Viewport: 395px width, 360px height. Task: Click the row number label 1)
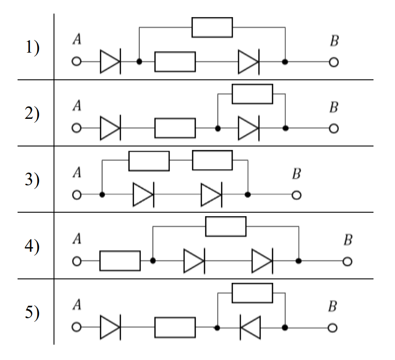32,47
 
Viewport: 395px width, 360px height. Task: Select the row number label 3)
32,179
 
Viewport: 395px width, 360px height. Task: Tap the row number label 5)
32,312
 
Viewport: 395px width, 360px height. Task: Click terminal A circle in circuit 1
76,61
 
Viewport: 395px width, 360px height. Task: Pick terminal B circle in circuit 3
297,195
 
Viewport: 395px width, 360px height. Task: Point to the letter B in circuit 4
348,240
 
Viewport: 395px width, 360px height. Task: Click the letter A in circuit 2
77,106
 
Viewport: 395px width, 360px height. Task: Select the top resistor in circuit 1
212,28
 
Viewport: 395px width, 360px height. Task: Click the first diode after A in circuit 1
110,62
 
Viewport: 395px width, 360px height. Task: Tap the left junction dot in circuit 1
139,61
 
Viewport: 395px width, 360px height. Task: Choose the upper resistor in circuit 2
252,94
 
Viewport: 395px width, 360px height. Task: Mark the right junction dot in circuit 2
285,128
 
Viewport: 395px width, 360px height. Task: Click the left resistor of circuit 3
149,161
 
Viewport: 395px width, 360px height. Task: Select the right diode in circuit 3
212,195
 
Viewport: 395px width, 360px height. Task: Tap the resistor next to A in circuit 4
120,260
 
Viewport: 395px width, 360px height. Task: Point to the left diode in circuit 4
194,261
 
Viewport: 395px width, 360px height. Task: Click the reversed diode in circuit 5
250,328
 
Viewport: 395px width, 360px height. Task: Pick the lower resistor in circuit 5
175,327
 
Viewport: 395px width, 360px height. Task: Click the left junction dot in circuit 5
217,328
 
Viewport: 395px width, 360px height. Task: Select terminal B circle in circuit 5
333,328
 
